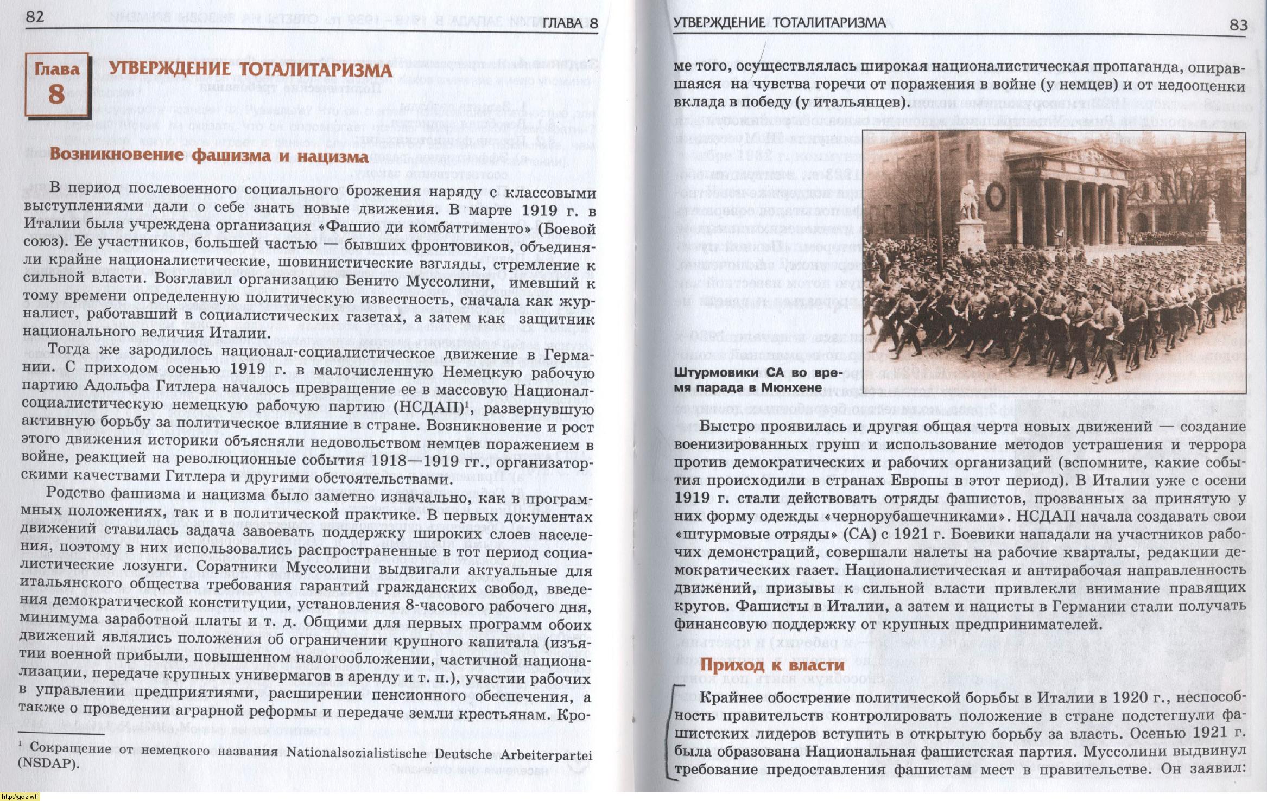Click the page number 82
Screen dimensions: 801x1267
[34, 16]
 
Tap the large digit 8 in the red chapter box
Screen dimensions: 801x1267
[56, 94]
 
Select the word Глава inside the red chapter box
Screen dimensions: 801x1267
[56, 69]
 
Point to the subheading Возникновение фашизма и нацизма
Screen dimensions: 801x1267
[209, 156]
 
